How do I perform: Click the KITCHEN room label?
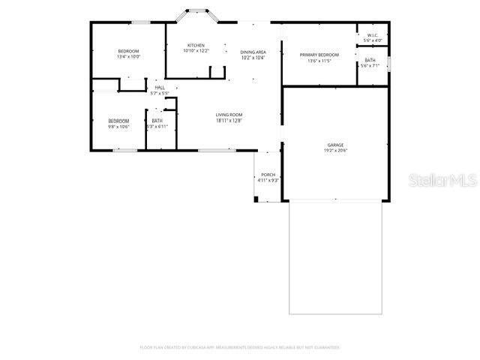[x=196, y=46]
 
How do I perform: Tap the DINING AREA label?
[x=253, y=52]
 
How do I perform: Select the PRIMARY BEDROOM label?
[x=319, y=55]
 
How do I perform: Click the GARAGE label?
[x=335, y=145]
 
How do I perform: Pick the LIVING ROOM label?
[x=229, y=115]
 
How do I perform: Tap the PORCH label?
[x=268, y=175]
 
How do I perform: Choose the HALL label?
[x=160, y=88]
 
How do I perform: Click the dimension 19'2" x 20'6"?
[x=335, y=151]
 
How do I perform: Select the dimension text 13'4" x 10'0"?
[x=128, y=57]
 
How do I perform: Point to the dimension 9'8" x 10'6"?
[x=118, y=127]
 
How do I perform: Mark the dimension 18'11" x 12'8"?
[x=229, y=121]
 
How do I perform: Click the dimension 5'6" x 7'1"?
[x=370, y=66]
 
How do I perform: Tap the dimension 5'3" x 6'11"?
[x=157, y=127]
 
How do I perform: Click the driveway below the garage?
[x=335, y=258]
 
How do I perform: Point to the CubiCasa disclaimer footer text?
[x=240, y=347]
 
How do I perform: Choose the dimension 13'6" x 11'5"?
[x=319, y=61]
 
